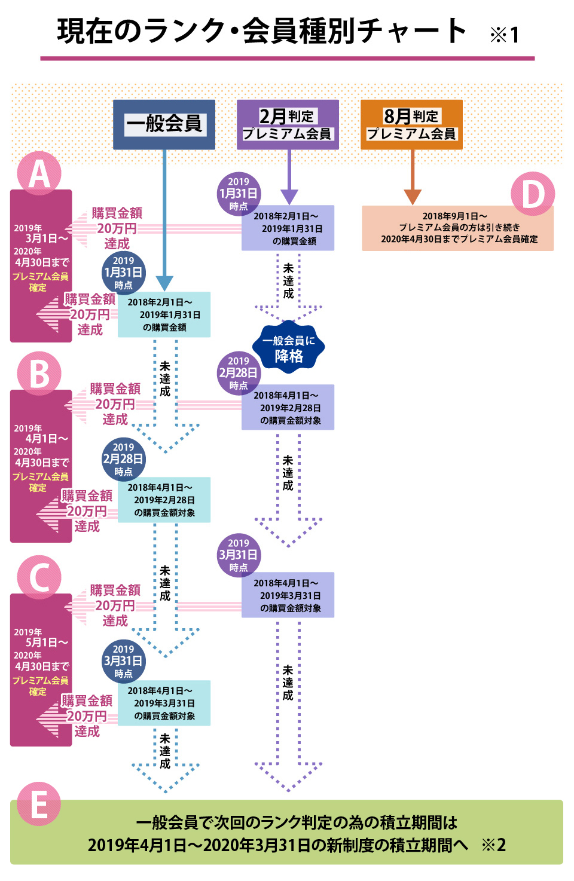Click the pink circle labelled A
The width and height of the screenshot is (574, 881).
point(39,173)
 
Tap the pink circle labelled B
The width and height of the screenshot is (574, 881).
point(39,374)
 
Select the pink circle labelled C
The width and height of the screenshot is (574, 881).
point(39,577)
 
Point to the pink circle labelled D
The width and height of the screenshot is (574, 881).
point(532,194)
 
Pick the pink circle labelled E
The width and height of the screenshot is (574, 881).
point(39,804)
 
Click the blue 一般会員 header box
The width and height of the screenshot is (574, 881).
point(164,124)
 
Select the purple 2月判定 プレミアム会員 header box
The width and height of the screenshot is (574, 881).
point(288,124)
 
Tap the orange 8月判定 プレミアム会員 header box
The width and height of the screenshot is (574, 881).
point(411,124)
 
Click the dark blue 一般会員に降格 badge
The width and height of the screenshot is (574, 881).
point(288,348)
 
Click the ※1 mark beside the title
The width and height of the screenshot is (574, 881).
point(505,35)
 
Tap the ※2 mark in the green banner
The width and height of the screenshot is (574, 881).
point(494,845)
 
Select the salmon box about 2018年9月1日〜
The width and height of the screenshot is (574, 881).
point(457,228)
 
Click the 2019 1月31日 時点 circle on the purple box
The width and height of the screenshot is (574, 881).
point(238,194)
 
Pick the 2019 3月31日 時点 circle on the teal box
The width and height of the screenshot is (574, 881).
point(123,661)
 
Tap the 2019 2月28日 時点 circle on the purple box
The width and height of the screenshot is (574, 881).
point(238,373)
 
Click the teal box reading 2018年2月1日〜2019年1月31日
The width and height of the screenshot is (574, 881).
point(164,314)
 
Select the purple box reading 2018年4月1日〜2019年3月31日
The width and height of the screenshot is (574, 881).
point(288,595)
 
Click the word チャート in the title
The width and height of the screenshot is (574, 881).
point(413,31)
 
